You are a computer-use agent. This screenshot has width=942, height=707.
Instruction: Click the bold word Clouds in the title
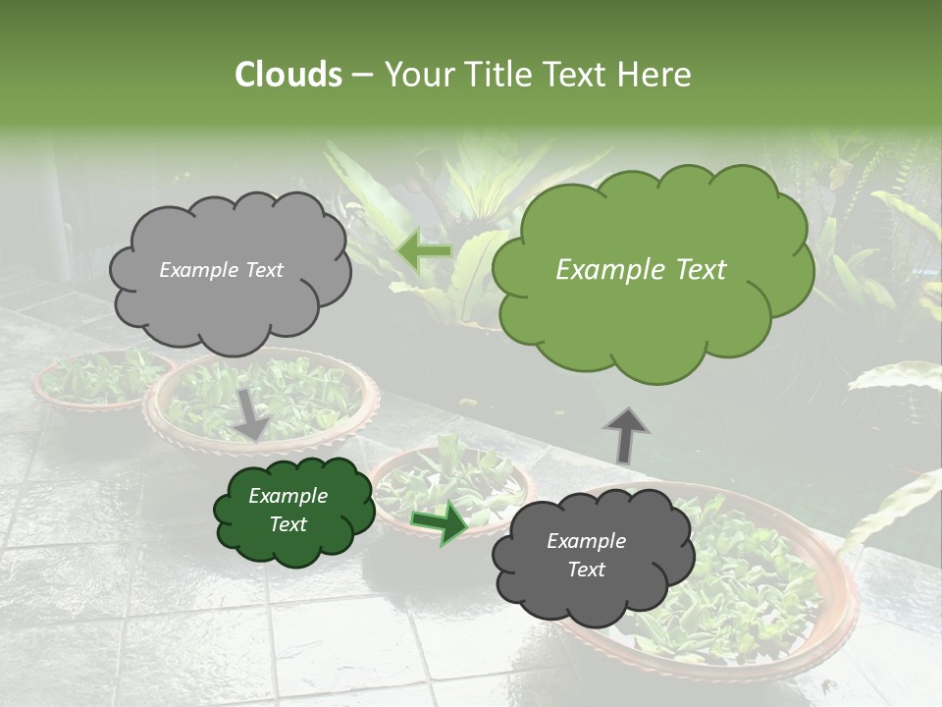[288, 75]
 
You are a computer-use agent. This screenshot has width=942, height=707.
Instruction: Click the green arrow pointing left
[424, 251]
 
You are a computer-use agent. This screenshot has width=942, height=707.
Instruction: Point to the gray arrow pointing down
[252, 413]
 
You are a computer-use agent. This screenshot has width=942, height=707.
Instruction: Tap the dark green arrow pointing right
[440, 522]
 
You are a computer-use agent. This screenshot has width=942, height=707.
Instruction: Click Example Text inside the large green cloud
[641, 270]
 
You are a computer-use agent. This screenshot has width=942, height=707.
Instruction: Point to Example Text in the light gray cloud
[221, 270]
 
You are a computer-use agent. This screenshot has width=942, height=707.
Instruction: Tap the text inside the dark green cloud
[288, 511]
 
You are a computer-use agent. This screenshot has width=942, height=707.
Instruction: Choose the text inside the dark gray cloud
[586, 556]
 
